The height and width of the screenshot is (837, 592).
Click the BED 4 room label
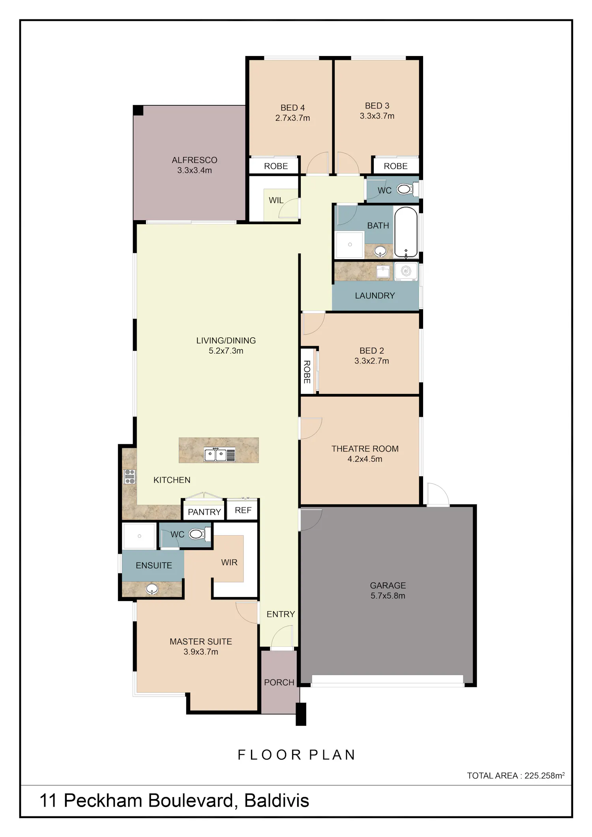pyautogui.click(x=292, y=108)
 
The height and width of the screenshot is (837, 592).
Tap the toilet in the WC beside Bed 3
pyautogui.click(x=407, y=189)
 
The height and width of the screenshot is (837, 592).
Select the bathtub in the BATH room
pyautogui.click(x=406, y=232)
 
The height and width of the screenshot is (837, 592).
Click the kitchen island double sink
pyautogui.click(x=219, y=455)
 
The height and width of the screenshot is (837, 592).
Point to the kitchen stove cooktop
pyautogui.click(x=130, y=477)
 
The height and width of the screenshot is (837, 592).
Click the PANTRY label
pyautogui.click(x=204, y=512)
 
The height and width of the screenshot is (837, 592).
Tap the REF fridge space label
pyautogui.click(x=243, y=510)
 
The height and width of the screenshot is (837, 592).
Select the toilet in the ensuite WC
pyautogui.click(x=200, y=534)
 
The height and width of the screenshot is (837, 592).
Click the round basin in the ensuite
pyautogui.click(x=152, y=589)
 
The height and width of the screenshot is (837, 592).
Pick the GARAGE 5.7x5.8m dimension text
pyautogui.click(x=388, y=595)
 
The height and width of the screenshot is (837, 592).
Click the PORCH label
pyautogui.click(x=279, y=682)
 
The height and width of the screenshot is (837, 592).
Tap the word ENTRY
pyautogui.click(x=281, y=614)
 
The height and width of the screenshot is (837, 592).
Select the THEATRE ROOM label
pyautogui.click(x=365, y=449)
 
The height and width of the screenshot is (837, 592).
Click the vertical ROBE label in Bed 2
pyautogui.click(x=307, y=372)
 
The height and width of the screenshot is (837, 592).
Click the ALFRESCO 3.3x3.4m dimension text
pyautogui.click(x=195, y=170)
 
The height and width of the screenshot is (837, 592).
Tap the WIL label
pyautogui.click(x=276, y=200)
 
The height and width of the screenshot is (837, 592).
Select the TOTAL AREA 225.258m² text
pyautogui.click(x=516, y=775)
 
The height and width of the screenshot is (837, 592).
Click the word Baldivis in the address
pyautogui.click(x=277, y=801)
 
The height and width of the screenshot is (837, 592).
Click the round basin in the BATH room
pyautogui.click(x=380, y=251)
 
